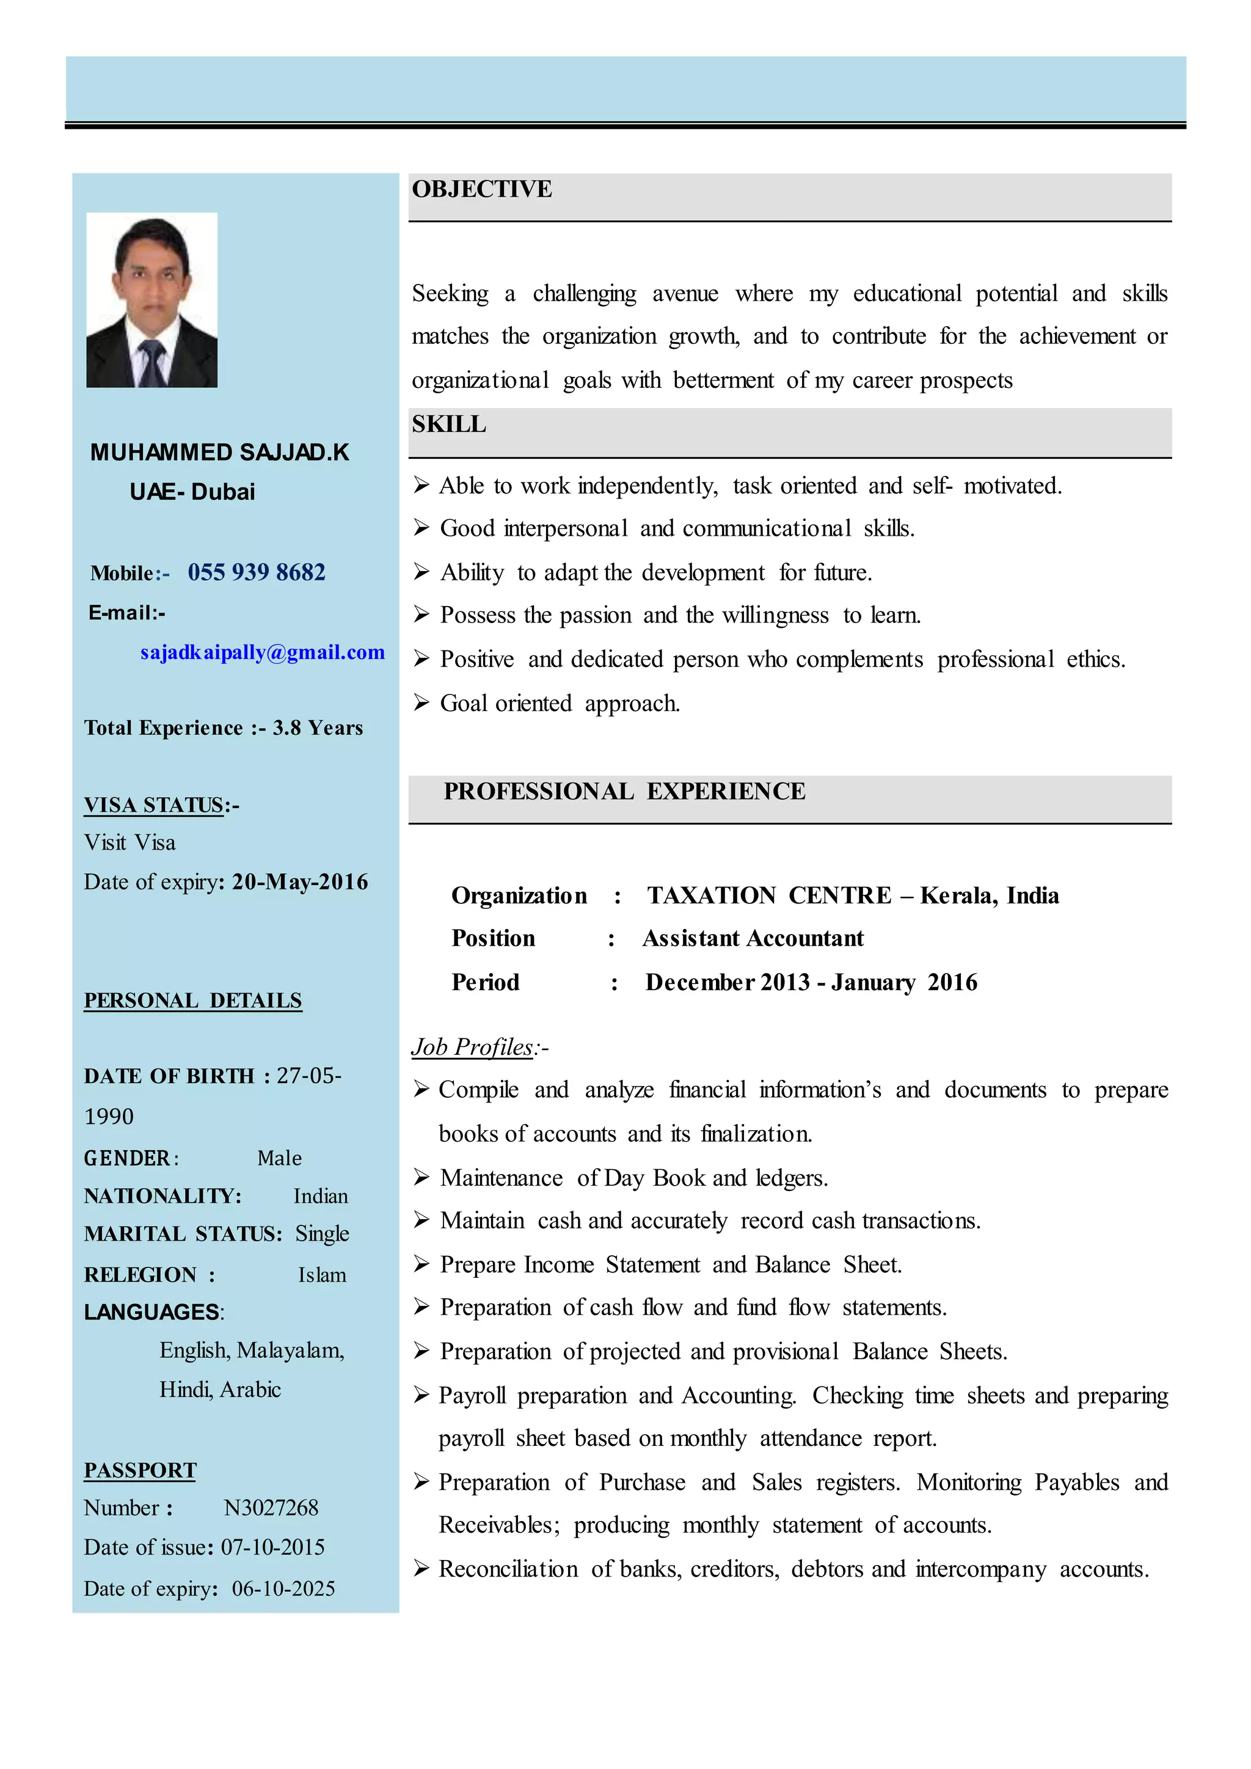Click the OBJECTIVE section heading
pos(481,189)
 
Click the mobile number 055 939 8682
pos(257,572)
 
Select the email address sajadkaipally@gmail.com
pos(262,652)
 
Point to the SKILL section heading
pos(448,425)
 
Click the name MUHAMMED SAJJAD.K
pos(219,452)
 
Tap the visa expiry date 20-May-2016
pos(300,881)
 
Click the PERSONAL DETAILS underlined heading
pos(192,1000)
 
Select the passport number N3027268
pos(271,1508)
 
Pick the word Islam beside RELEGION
pos(322,1275)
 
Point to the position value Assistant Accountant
pos(753,938)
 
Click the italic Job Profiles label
pos(472,1047)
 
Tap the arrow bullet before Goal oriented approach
pos(421,702)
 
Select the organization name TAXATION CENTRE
pos(769,895)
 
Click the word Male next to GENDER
pos(279,1158)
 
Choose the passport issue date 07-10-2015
pos(272,1547)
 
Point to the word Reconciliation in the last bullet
pos(508,1569)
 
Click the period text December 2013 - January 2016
pos(811,982)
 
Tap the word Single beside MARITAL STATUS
pos(322,1233)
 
